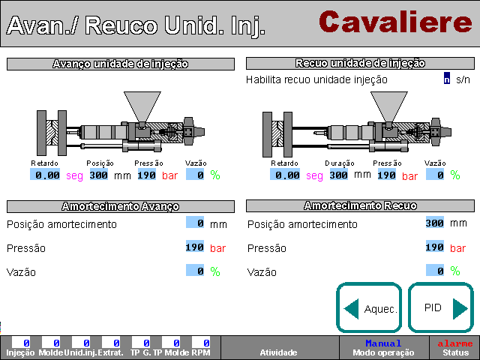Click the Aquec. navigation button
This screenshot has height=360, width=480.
[x=369, y=307]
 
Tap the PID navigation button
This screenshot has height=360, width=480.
[x=441, y=307]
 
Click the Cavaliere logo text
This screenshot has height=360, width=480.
[x=395, y=22]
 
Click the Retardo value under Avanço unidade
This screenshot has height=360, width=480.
[x=45, y=175]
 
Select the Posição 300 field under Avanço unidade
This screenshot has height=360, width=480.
[x=98, y=175]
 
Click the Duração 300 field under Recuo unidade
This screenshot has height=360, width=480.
[x=338, y=175]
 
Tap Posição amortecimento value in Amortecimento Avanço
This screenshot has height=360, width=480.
[x=195, y=223]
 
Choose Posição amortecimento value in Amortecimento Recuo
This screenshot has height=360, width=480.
[x=435, y=223]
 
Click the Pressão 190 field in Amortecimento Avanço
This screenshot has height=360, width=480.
[x=195, y=247]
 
